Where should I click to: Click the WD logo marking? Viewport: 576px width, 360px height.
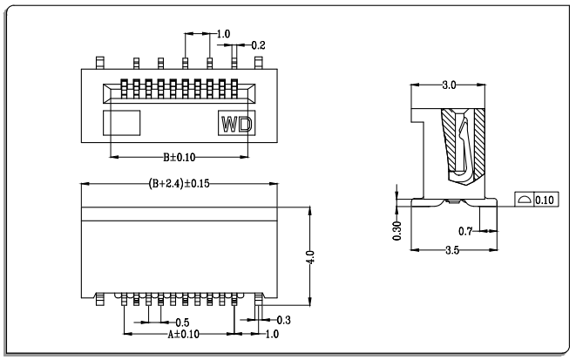click(237, 125)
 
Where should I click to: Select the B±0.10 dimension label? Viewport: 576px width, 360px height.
click(180, 158)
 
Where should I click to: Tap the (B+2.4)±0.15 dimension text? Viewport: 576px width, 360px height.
click(179, 183)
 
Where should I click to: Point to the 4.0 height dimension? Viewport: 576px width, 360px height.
click(310, 257)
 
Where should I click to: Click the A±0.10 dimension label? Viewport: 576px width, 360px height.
click(183, 335)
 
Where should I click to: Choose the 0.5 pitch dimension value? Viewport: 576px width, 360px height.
click(182, 323)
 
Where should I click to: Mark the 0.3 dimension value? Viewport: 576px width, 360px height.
click(283, 320)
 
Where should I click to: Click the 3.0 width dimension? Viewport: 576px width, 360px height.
click(449, 85)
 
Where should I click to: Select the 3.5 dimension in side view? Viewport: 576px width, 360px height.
click(452, 250)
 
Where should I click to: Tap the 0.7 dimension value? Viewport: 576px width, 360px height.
click(465, 232)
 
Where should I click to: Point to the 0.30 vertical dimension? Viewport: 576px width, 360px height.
click(396, 231)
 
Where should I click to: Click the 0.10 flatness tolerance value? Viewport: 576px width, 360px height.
click(545, 200)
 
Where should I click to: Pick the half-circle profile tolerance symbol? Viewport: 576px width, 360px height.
click(525, 200)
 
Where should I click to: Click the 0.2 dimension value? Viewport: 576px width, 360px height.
click(258, 45)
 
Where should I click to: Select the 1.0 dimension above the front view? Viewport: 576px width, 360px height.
click(223, 34)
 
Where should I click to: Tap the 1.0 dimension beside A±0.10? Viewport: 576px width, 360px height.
click(272, 335)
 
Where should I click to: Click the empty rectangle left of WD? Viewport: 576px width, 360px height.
click(122, 123)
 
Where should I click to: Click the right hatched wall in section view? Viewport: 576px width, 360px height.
click(480, 143)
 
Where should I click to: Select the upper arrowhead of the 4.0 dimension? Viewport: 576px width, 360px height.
click(310, 210)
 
